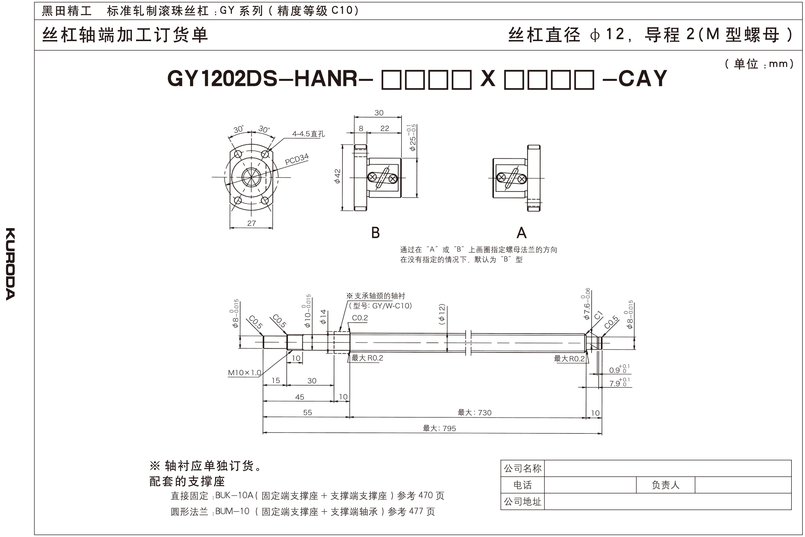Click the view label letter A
[521, 233]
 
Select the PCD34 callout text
[297, 159]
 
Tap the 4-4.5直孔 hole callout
[308, 134]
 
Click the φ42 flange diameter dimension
[338, 176]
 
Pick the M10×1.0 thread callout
[244, 373]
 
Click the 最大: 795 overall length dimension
[439, 428]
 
